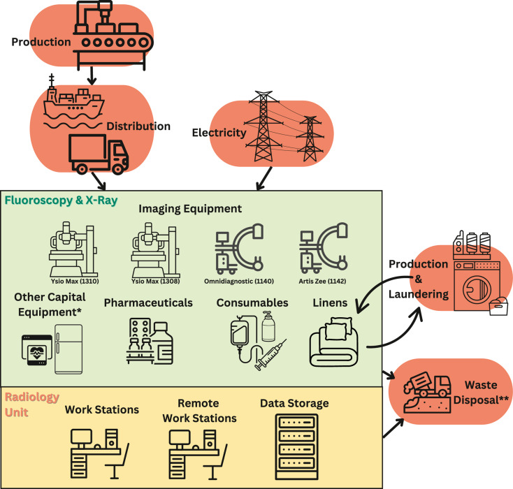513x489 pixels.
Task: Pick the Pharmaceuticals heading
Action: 148,303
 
